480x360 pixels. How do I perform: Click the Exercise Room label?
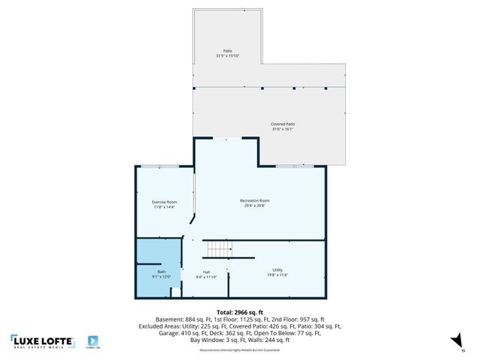point(164,202)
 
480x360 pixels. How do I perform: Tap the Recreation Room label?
point(255,200)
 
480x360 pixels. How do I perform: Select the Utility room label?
point(277,270)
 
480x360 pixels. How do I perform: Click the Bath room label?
point(161,271)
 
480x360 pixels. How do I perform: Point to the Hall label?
point(206,271)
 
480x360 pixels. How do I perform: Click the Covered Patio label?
point(282,124)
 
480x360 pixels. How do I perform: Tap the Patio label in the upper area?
point(227,51)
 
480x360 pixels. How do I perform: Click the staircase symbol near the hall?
point(219,248)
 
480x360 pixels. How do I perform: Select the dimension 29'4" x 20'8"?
point(255,206)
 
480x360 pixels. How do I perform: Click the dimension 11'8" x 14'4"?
point(164,208)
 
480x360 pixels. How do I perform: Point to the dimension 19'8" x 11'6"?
point(277,276)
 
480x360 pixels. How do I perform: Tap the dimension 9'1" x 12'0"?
point(161,277)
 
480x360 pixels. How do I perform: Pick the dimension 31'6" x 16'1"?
point(282,130)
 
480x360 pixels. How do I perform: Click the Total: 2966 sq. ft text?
point(240,311)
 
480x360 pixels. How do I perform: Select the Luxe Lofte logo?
point(42,342)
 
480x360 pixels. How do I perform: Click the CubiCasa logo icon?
point(94,340)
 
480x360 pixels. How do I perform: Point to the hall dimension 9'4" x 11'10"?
point(206,277)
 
